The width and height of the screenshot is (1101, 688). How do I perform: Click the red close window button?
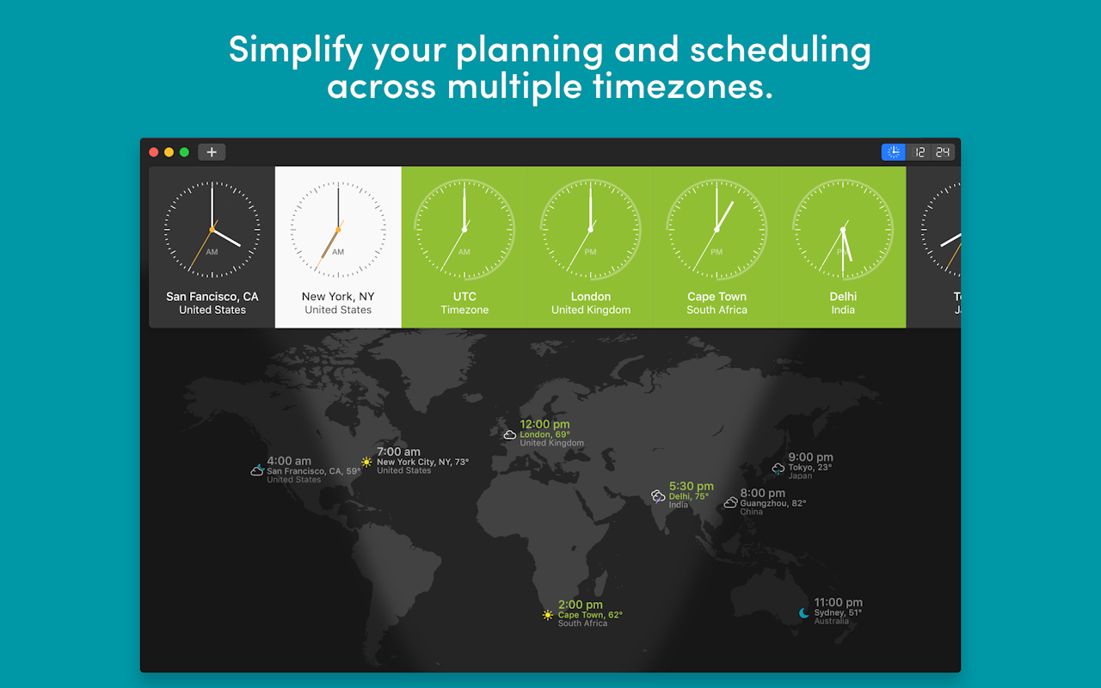pyautogui.click(x=154, y=152)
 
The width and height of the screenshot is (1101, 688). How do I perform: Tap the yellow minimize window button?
pyautogui.click(x=169, y=152)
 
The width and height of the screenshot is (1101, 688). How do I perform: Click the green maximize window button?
pyautogui.click(x=184, y=152)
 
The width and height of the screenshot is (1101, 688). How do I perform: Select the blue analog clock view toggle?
pyautogui.click(x=894, y=152)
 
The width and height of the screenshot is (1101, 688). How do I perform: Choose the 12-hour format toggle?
pyautogui.click(x=920, y=152)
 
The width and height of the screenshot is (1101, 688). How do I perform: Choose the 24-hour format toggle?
pyautogui.click(x=943, y=152)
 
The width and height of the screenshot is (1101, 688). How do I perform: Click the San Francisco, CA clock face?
pyautogui.click(x=212, y=230)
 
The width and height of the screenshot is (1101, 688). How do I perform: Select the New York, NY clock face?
pyautogui.click(x=338, y=230)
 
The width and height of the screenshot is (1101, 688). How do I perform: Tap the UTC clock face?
pyautogui.click(x=464, y=230)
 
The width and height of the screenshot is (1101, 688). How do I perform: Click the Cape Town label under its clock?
pyautogui.click(x=717, y=297)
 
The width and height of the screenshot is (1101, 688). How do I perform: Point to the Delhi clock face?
pyautogui.click(x=843, y=230)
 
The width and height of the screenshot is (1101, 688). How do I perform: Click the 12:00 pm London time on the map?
pyautogui.click(x=544, y=424)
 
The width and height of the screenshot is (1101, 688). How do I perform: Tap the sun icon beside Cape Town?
pyautogui.click(x=548, y=615)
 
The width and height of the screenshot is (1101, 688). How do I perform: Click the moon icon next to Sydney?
pyautogui.click(x=804, y=612)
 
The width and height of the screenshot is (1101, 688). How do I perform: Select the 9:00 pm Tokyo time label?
pyautogui.click(x=810, y=458)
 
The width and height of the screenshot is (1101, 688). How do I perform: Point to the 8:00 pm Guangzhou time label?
pyautogui.click(x=762, y=493)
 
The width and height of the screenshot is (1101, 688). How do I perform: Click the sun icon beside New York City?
pyautogui.click(x=366, y=462)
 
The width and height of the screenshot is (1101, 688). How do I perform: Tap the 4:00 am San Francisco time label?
pyautogui.click(x=289, y=461)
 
